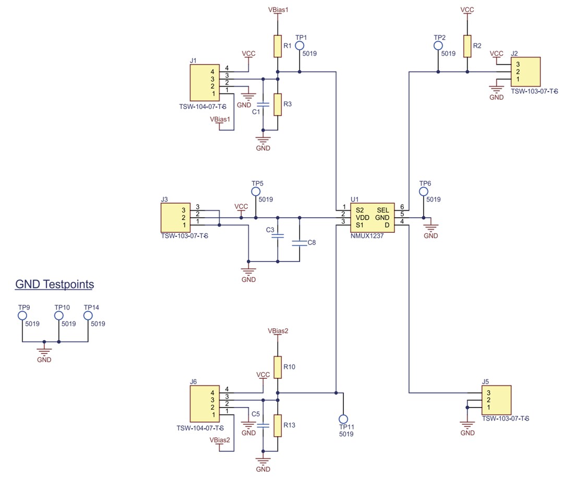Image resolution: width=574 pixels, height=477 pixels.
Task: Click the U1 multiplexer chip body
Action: (372, 218)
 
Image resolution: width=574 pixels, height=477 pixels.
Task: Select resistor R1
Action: (278, 46)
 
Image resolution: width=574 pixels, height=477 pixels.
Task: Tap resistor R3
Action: (278, 104)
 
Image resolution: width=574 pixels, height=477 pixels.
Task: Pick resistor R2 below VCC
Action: (467, 46)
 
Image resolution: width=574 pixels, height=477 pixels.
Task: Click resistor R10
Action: (278, 367)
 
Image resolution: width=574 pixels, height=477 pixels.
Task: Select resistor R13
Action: (278, 425)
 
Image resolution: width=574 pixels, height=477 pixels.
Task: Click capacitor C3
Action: (278, 236)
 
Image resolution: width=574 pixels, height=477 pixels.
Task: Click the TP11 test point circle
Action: (343, 419)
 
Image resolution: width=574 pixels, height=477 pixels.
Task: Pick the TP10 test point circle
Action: (59, 316)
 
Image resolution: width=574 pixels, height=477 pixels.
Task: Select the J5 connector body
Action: (496, 400)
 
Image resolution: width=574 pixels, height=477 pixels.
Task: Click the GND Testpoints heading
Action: (55, 284)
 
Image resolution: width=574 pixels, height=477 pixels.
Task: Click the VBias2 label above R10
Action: (278, 331)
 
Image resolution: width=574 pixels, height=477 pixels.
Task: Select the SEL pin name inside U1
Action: (383, 210)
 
